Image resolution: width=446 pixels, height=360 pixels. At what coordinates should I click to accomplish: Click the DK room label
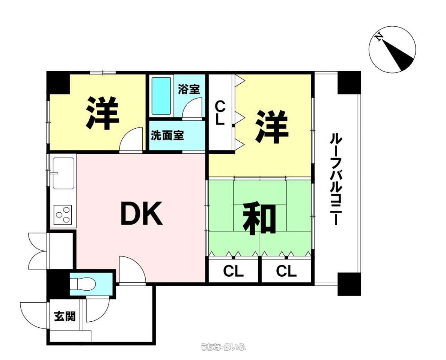click(142, 213)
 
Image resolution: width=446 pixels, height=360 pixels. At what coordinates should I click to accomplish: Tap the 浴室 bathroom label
click(189, 89)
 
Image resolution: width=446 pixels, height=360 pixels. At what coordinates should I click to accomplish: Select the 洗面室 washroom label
click(167, 135)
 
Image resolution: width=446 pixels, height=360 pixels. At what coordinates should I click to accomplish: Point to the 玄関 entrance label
click(65, 316)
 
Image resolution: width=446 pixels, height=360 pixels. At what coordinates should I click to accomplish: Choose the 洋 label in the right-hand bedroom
click(272, 127)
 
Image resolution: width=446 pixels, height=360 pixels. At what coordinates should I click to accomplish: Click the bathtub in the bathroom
click(161, 96)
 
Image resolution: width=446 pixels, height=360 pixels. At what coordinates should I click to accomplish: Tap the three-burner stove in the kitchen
click(63, 214)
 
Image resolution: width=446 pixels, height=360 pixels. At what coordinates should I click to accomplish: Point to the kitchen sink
click(63, 173)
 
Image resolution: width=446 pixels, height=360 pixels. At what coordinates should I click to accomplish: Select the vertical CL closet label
click(220, 113)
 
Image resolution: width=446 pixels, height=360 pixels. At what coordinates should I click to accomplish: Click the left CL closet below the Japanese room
click(233, 271)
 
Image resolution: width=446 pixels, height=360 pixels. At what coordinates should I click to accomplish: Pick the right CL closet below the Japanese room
click(286, 271)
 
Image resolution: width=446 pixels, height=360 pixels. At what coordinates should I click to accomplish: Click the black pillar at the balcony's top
click(349, 82)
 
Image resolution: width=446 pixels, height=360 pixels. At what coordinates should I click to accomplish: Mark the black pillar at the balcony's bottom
click(349, 284)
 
